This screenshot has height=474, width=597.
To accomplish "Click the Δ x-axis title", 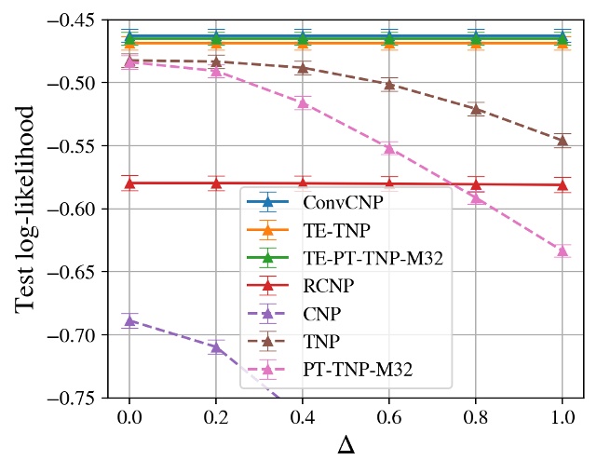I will pyautogui.click(x=346, y=445).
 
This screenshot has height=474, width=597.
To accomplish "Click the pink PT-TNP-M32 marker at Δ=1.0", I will pyautogui.click(x=562, y=251).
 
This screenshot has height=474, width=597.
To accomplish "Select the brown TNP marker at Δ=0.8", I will pyautogui.click(x=475, y=109).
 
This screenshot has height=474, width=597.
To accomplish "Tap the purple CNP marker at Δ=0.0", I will pyautogui.click(x=129, y=320).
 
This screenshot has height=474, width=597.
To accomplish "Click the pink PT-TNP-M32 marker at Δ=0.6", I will pyautogui.click(x=389, y=148).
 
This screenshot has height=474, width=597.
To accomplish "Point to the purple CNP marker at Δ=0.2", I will pyautogui.click(x=216, y=347).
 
